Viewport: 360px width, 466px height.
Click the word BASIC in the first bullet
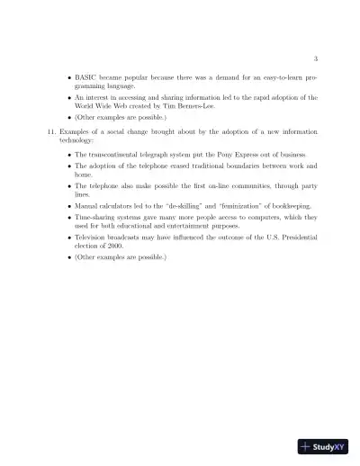(x=87, y=79)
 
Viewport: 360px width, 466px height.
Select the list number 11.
(x=50, y=132)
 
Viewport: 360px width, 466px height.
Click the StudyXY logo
(x=324, y=446)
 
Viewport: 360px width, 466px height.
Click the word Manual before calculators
(x=88, y=206)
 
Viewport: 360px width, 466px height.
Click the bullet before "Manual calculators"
(x=69, y=206)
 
